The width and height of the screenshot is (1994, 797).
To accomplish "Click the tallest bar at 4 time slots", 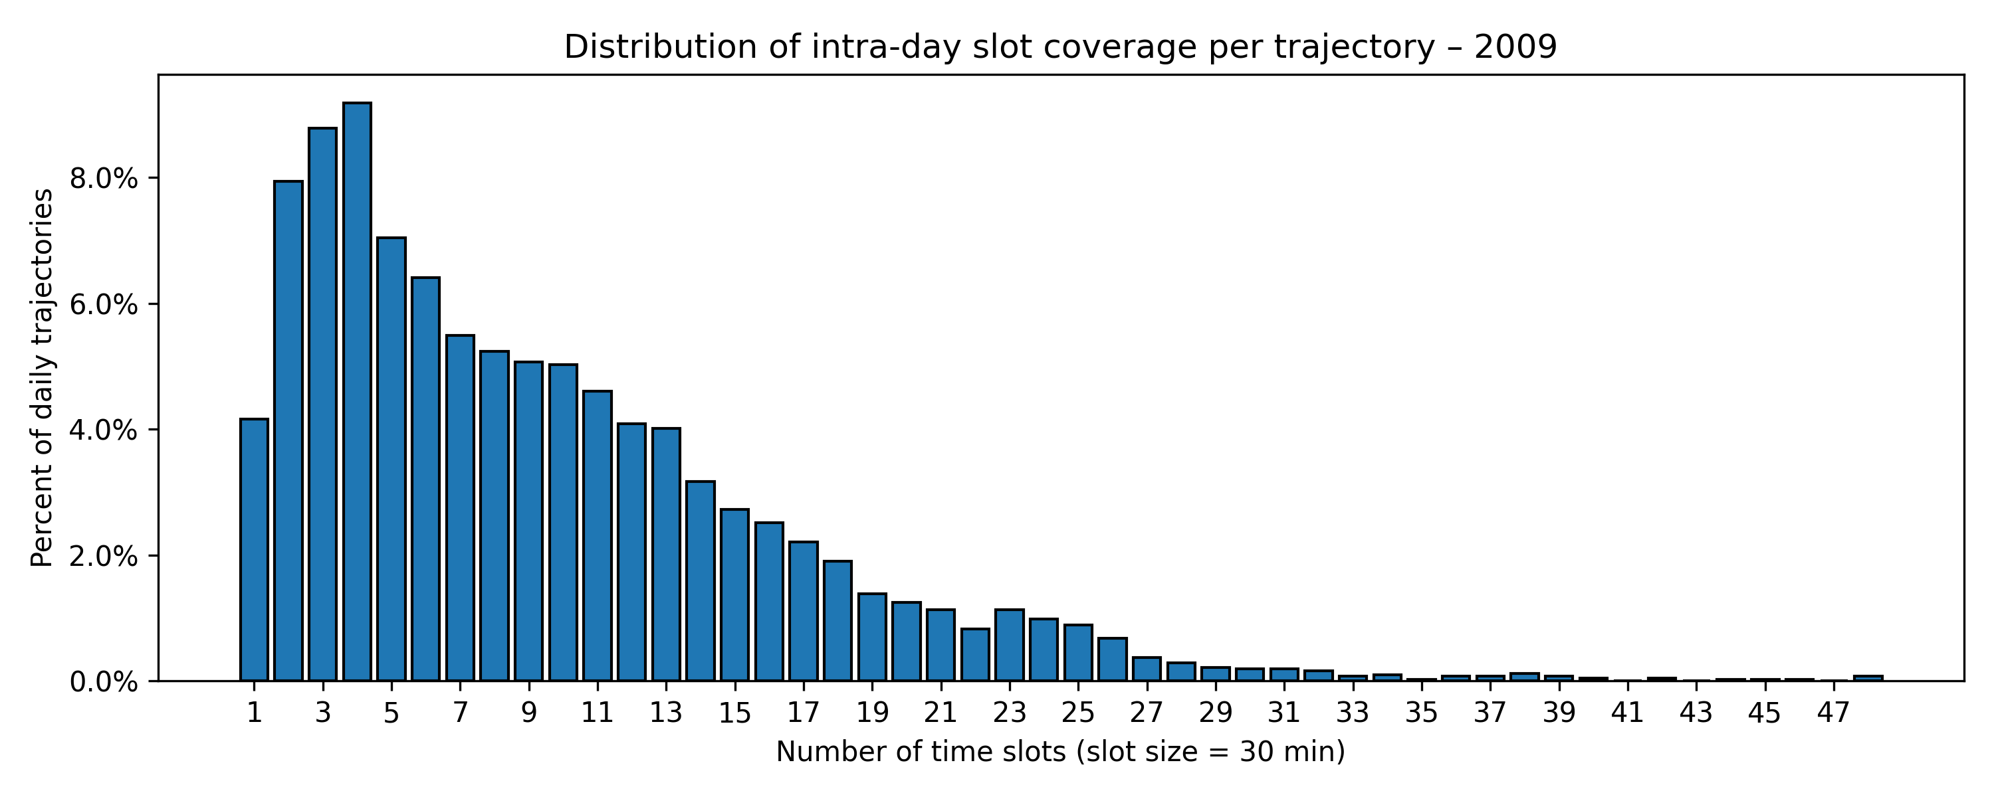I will point(357,392).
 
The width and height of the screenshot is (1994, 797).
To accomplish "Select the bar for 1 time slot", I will point(254,549).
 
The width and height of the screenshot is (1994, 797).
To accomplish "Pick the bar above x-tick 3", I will point(323,404).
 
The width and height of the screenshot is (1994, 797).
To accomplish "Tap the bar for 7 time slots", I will point(460,507).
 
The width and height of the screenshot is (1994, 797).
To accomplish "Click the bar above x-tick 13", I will point(666,554).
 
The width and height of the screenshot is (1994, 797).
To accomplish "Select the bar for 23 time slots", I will point(1010,646).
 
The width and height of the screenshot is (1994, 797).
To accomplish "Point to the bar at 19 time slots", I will point(872,637).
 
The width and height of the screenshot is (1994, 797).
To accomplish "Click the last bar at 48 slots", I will point(1868,679).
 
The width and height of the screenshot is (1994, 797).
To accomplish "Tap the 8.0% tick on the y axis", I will point(104,179).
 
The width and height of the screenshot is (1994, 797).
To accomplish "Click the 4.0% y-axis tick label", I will point(104,430).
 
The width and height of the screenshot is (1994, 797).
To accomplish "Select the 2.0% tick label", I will point(104,557).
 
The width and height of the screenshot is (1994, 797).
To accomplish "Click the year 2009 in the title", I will point(1515,47).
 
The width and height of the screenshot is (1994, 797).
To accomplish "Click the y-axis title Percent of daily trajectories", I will point(43,378).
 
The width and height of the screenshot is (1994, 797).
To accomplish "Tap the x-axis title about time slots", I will point(1060,752).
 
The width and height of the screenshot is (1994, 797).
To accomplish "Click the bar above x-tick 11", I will point(597,535).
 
